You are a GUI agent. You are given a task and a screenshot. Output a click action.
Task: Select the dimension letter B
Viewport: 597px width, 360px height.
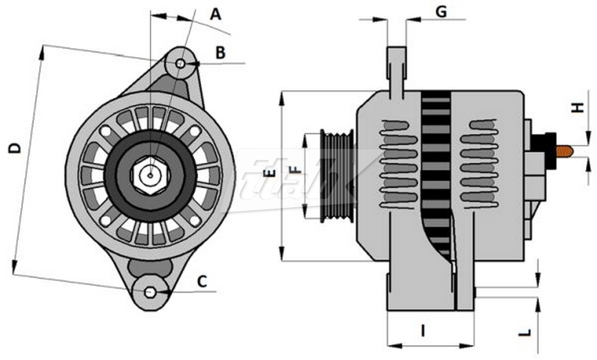220,53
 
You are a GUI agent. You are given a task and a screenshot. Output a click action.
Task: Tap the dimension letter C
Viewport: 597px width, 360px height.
202,282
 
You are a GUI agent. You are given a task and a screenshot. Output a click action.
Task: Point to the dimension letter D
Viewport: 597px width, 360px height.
15,148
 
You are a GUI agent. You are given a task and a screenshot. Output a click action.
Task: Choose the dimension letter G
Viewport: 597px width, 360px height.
441,12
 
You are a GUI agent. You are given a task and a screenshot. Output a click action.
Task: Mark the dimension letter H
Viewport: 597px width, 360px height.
579,107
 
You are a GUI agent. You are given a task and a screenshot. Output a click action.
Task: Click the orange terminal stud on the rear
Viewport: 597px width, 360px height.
565,151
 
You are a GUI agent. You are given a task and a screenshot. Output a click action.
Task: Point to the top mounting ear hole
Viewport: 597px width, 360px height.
180,63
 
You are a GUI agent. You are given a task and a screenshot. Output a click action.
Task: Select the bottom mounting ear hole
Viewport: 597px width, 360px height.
149,292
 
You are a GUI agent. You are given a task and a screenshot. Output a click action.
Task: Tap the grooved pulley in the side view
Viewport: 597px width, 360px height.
337,175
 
